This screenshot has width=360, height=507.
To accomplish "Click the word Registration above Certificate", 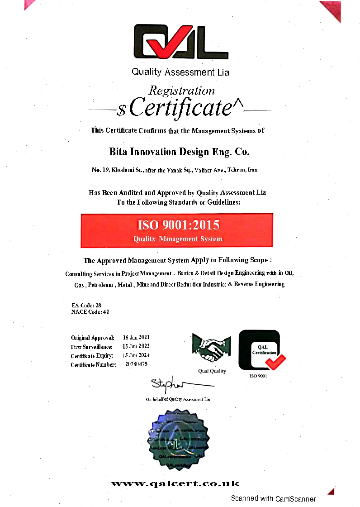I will (182, 91).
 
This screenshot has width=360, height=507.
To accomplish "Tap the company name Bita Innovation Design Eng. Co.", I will (179, 152).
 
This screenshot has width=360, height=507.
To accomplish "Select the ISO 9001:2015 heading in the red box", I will (178, 225).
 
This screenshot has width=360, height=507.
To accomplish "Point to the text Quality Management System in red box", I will (178, 239).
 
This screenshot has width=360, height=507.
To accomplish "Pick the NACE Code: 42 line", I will (90, 312).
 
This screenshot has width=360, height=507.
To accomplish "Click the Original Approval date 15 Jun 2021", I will (136, 337).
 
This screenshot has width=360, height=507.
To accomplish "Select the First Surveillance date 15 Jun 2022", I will (136, 346).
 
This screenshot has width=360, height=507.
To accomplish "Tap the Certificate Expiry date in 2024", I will (136, 355).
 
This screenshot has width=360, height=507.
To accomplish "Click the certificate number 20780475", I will (136, 364).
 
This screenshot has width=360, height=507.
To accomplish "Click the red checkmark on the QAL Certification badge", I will (275, 361).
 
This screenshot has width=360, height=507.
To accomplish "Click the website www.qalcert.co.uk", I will (175, 484).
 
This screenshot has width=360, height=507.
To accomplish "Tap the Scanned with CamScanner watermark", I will (273, 498).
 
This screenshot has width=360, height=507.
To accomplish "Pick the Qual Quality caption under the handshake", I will (212, 371).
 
